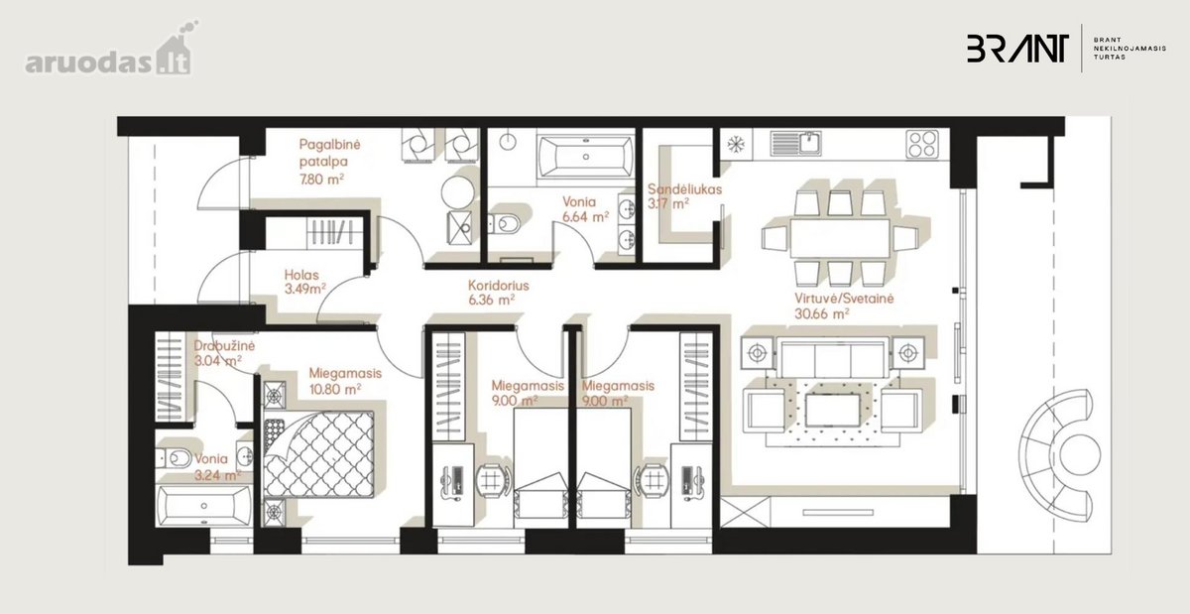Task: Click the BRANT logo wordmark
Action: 1017,49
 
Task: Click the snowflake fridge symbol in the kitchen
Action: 736,144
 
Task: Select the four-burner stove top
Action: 923,144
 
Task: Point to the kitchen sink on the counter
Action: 795,143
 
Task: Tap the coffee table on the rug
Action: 832,410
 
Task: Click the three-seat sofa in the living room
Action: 832,358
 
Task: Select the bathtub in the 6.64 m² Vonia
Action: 585,157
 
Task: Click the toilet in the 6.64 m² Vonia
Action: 504,224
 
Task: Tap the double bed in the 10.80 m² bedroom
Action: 318,454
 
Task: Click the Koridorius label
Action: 498,286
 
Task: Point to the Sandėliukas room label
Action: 684,189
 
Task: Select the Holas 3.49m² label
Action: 305,283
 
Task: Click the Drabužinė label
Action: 224,346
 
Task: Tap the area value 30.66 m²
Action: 821,314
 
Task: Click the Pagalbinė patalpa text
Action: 330,153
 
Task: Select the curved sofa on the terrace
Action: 1054,455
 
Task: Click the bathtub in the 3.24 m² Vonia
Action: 204,506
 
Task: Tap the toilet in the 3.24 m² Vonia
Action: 174,457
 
